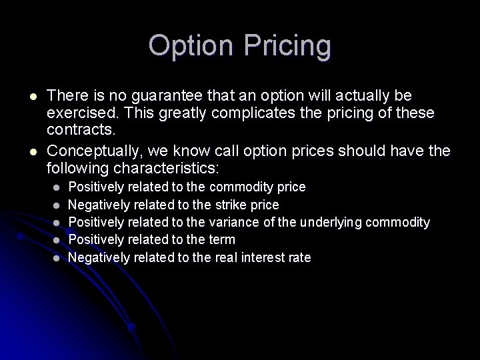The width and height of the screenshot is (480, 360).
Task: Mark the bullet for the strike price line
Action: click(x=57, y=205)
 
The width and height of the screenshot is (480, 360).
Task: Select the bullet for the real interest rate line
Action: click(x=57, y=257)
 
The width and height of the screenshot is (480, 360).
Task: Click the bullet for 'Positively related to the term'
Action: click(x=57, y=239)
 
